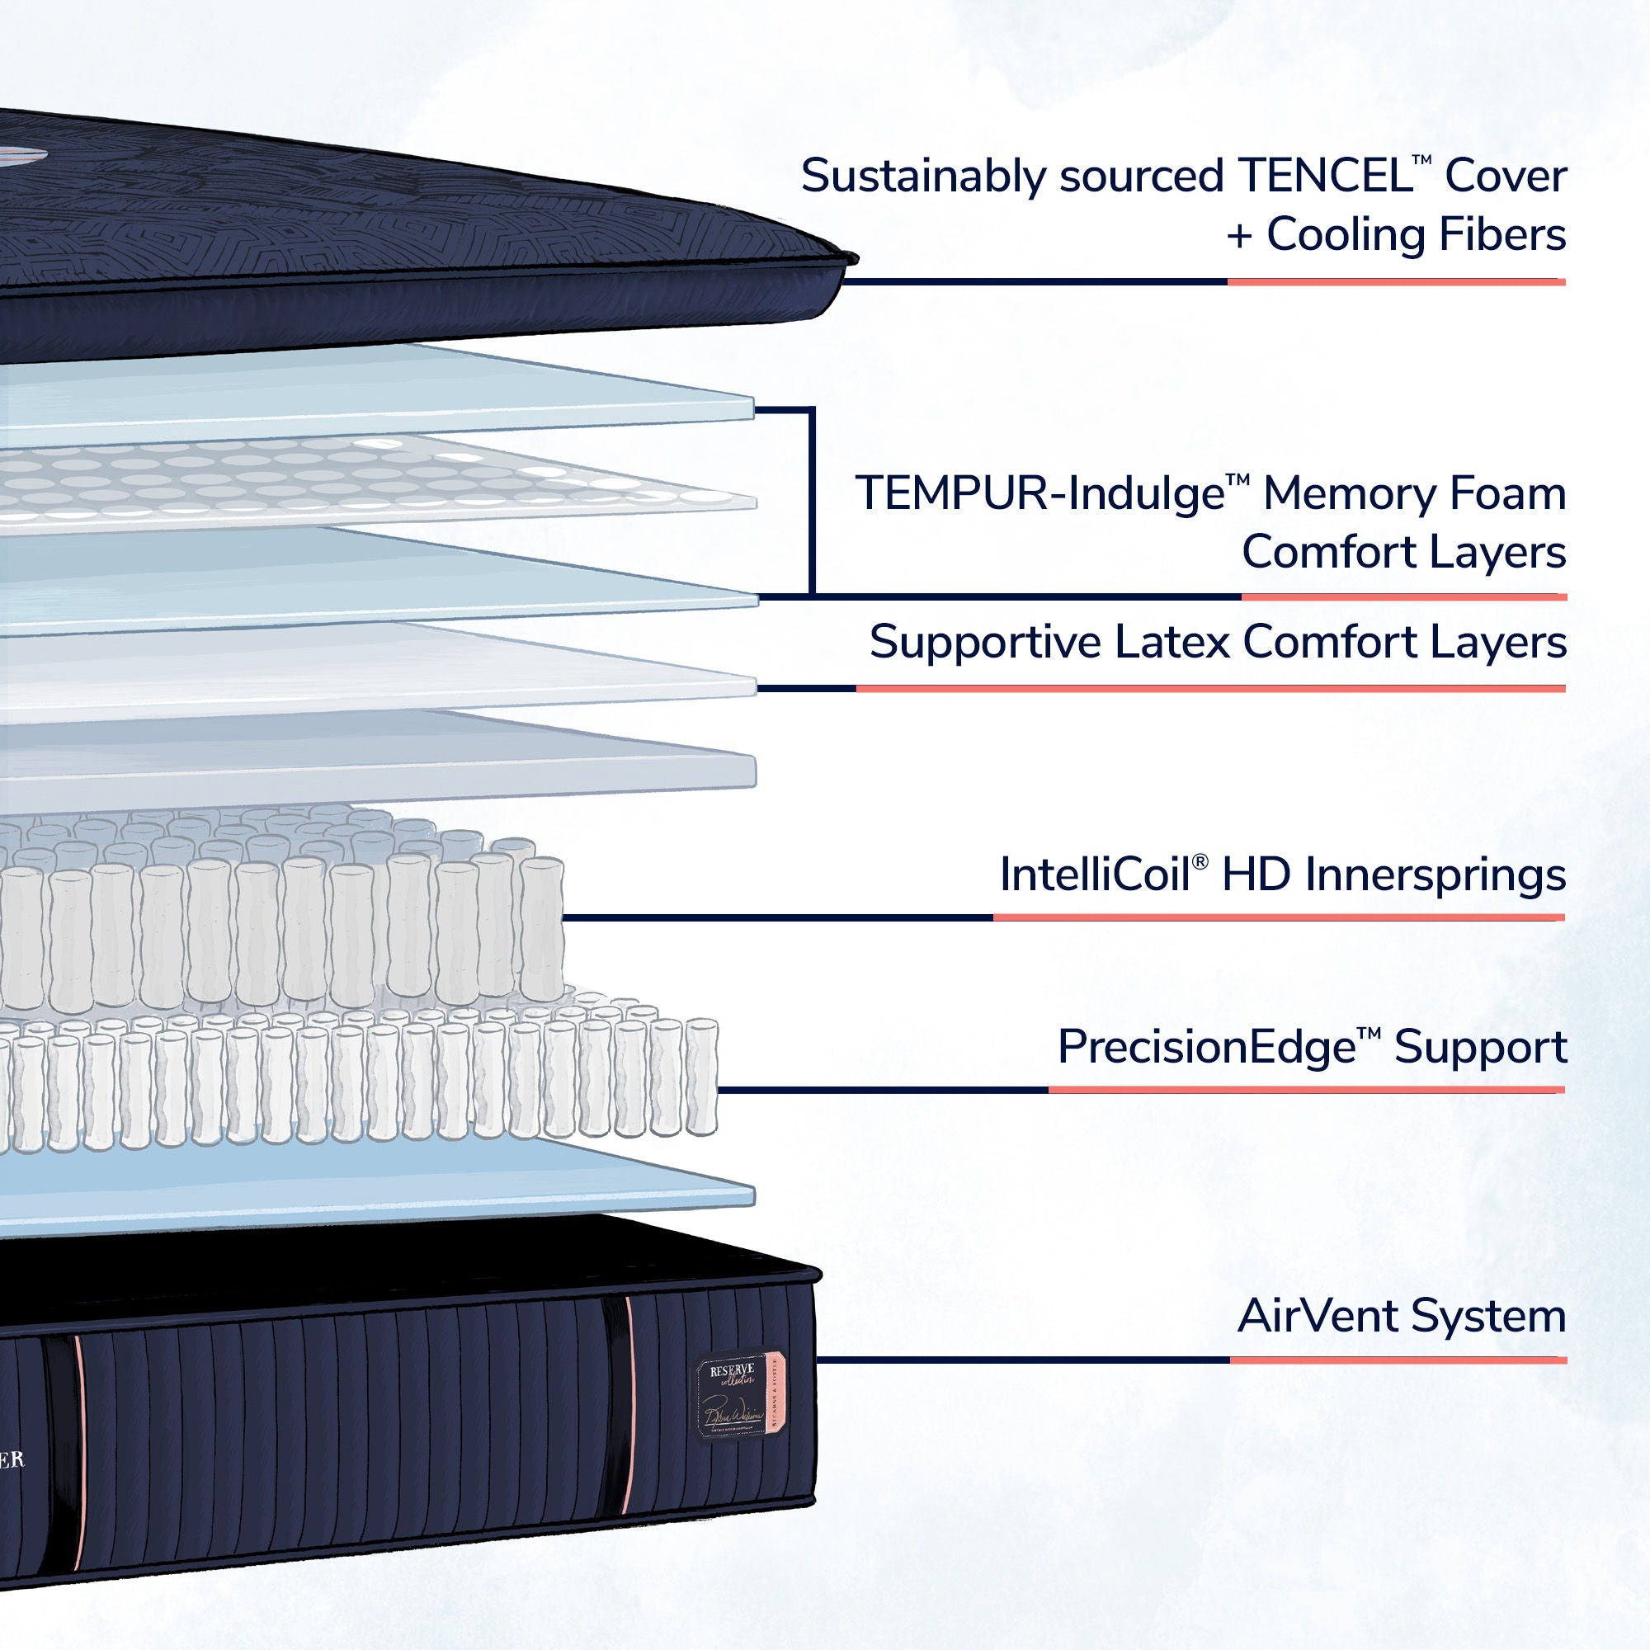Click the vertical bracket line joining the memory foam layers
[x=810, y=500]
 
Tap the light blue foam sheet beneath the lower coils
[x=427, y=1187]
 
